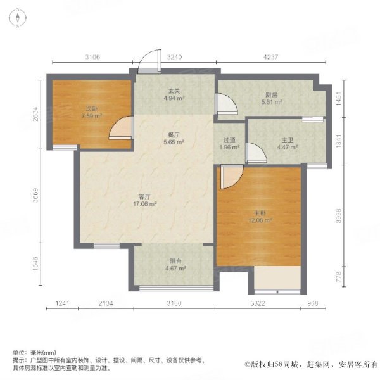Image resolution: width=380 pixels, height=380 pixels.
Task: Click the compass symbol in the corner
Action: pyautogui.click(x=18, y=18)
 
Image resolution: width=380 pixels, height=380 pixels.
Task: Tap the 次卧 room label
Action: pyautogui.click(x=92, y=109)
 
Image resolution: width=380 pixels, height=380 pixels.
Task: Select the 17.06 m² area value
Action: pyautogui.click(x=144, y=204)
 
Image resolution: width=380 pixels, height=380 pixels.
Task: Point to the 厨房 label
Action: pyautogui.click(x=272, y=94)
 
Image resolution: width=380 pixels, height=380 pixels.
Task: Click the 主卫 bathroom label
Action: pyautogui.click(x=288, y=140)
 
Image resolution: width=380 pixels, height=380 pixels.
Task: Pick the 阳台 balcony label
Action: pyautogui.click(x=175, y=261)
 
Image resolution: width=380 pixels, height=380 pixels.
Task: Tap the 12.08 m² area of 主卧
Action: pyautogui.click(x=260, y=220)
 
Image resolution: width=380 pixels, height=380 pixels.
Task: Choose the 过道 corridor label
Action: pyautogui.click(x=229, y=140)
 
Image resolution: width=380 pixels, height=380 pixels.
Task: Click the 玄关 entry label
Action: pyautogui.click(x=174, y=91)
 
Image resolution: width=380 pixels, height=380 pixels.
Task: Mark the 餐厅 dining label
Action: pyautogui.click(x=174, y=135)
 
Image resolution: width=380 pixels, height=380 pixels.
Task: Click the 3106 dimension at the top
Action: pyautogui.click(x=92, y=57)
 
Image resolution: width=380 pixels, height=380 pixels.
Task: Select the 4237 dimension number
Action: pyautogui.click(x=270, y=57)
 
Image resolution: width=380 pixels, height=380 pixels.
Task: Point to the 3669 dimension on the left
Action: pyautogui.click(x=35, y=195)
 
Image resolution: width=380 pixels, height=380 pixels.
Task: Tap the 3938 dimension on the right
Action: pyautogui.click(x=339, y=216)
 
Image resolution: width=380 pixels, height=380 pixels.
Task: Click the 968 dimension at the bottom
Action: pyautogui.click(x=313, y=303)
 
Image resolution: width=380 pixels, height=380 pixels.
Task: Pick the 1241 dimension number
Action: pyautogui.click(x=63, y=303)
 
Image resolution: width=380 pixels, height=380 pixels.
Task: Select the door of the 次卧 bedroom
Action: pyautogui.click(x=122, y=128)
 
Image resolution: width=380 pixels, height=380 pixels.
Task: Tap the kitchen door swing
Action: pyautogui.click(x=227, y=104)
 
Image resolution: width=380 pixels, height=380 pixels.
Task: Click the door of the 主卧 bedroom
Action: pyautogui.click(x=231, y=177)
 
